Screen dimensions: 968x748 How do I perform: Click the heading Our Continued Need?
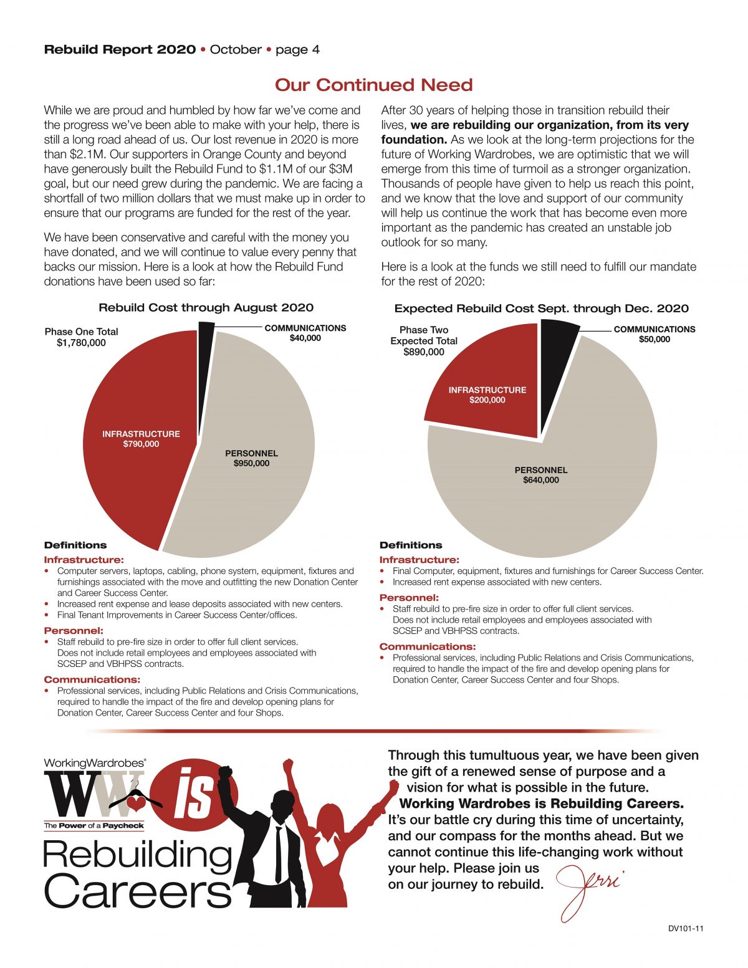374,85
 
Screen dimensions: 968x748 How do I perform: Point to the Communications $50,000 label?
654,334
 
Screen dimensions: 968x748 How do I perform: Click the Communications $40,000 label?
305,333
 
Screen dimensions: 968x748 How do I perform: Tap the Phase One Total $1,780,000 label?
81,337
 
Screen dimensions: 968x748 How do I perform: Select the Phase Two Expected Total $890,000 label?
424,341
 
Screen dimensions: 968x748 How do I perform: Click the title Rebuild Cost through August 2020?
206,307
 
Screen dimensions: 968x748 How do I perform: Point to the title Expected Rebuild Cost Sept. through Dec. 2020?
541,309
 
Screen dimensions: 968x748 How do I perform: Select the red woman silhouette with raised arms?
330,848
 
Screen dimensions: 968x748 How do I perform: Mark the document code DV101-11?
686,929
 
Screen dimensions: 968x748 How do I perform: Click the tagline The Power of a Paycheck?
93,826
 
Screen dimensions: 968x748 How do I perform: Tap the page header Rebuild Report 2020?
120,49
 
